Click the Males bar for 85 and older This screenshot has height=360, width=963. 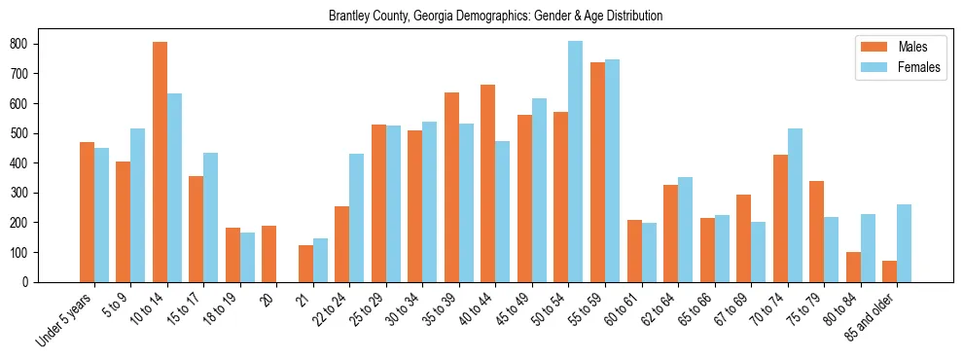[x=889, y=271]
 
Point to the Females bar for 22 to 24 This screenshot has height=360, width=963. [x=357, y=218]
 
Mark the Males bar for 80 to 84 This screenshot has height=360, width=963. [x=853, y=267]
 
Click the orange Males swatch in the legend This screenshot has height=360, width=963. [x=870, y=47]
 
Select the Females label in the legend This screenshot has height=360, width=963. [x=919, y=68]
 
